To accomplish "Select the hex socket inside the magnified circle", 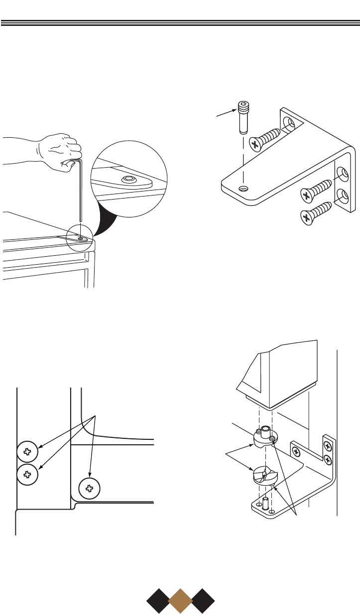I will pos(129,178).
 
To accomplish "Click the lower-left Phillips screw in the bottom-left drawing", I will pos(27,474).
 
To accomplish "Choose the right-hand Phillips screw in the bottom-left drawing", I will pos(90,488).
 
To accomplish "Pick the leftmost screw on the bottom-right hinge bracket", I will pos(296,452).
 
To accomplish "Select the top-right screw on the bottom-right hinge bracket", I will pos(327,444).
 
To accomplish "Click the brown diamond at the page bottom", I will pos(180,601).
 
